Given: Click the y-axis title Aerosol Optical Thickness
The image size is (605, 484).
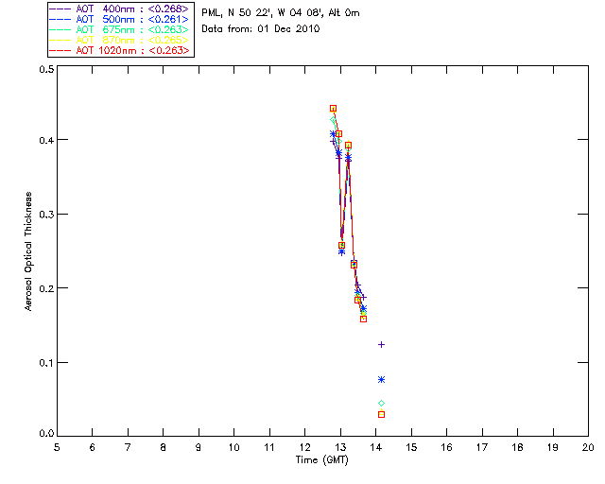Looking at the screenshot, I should click(29, 251).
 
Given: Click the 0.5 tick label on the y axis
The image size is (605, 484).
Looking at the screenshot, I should click(45, 70).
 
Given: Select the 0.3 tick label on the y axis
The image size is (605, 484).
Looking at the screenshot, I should click(45, 215).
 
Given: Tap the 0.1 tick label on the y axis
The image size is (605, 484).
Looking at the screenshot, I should click(45, 362).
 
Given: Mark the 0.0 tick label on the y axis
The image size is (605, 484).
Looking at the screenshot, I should click(45, 435).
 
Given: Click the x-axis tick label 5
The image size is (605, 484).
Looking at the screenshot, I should click(57, 447).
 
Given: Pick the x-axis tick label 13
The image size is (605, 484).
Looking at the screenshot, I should click(340, 447).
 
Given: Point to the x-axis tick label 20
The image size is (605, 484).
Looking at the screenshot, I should click(588, 447).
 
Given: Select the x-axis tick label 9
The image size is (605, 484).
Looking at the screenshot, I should click(199, 447).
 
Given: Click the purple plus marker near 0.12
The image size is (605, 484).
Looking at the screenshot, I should click(381, 344).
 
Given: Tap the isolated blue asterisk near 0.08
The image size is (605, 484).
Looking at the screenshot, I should click(381, 379).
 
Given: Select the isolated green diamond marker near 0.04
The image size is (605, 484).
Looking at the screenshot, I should click(381, 404).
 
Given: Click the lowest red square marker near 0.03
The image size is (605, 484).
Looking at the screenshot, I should click(381, 414).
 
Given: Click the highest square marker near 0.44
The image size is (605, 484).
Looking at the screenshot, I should click(333, 109).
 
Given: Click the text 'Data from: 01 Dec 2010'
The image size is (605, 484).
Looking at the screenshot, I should click(261, 29).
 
